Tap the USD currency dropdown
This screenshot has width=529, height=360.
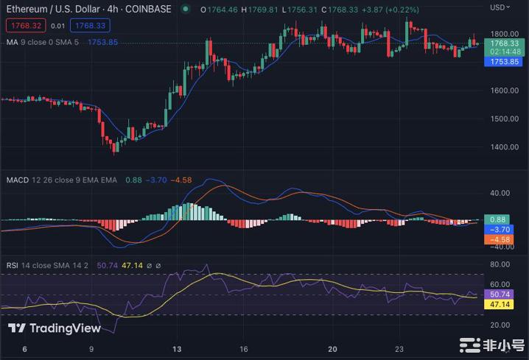point(501,7)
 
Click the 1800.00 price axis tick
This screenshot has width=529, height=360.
point(504,34)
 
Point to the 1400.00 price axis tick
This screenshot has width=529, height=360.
point(504,147)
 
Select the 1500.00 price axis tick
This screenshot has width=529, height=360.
point(504,119)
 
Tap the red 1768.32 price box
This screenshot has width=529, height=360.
point(24,26)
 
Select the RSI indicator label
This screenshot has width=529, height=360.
point(13,265)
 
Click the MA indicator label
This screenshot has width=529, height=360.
point(12,42)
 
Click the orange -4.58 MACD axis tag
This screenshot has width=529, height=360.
point(504,239)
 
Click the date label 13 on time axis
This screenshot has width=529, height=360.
point(177,349)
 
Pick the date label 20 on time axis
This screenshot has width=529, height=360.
point(332,349)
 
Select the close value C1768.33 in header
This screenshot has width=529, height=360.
point(343,9)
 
